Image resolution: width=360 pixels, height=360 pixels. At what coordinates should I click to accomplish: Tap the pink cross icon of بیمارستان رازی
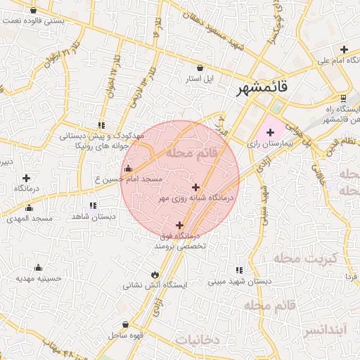click(x=270, y=132)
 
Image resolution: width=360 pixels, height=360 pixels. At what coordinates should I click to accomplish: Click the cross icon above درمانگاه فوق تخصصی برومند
click(x=180, y=226)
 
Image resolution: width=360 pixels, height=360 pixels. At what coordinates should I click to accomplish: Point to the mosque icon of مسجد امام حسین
click(x=127, y=169)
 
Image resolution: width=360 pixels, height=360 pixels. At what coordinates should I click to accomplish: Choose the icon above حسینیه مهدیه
click(x=38, y=267)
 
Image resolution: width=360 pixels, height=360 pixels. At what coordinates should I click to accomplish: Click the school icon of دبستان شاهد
click(x=93, y=206)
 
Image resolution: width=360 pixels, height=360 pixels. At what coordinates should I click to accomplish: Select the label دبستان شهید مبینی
click(x=239, y=282)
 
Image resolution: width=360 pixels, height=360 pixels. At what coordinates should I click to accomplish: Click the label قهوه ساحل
click(x=124, y=335)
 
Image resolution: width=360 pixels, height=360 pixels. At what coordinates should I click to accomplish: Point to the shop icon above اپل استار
click(x=201, y=68)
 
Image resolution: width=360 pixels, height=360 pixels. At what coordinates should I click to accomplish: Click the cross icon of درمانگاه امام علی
click(x=344, y=49)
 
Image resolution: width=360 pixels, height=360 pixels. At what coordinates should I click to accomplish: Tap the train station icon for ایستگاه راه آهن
click(x=343, y=98)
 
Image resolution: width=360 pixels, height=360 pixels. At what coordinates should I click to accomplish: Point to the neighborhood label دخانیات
click(x=198, y=340)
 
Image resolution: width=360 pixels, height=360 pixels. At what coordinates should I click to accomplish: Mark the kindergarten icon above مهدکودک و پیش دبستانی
click(x=102, y=124)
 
